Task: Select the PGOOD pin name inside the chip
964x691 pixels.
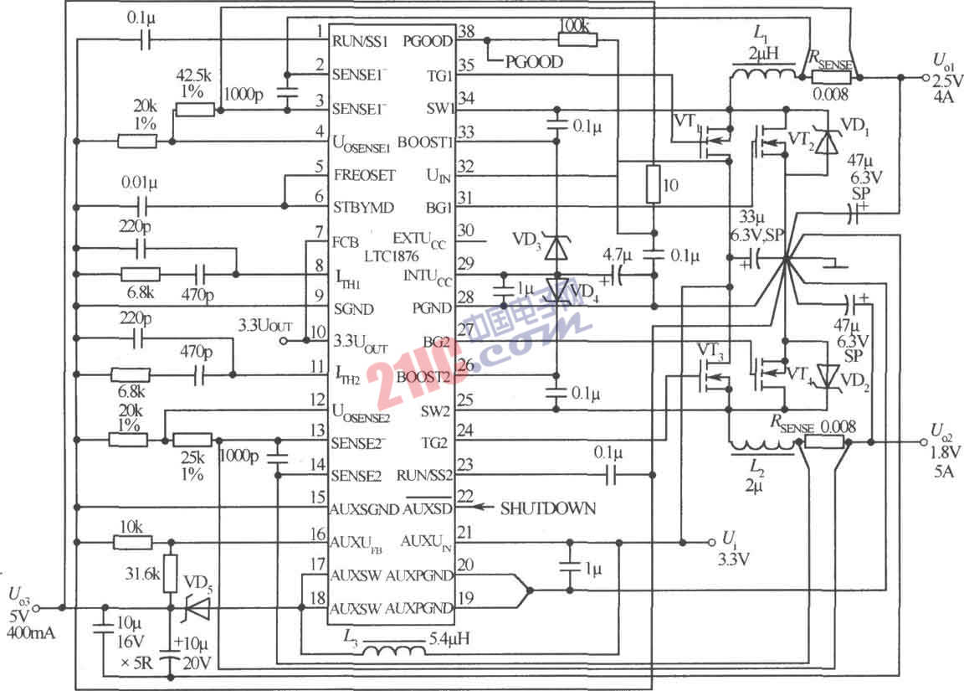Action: click(428, 40)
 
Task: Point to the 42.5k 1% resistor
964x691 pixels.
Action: click(194, 110)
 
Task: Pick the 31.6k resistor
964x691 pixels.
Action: click(171, 575)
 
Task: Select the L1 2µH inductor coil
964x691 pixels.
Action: click(762, 76)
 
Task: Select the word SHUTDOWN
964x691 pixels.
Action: click(547, 508)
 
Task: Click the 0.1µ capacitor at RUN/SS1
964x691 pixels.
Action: click(145, 39)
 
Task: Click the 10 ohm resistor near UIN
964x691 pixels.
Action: click(653, 184)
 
